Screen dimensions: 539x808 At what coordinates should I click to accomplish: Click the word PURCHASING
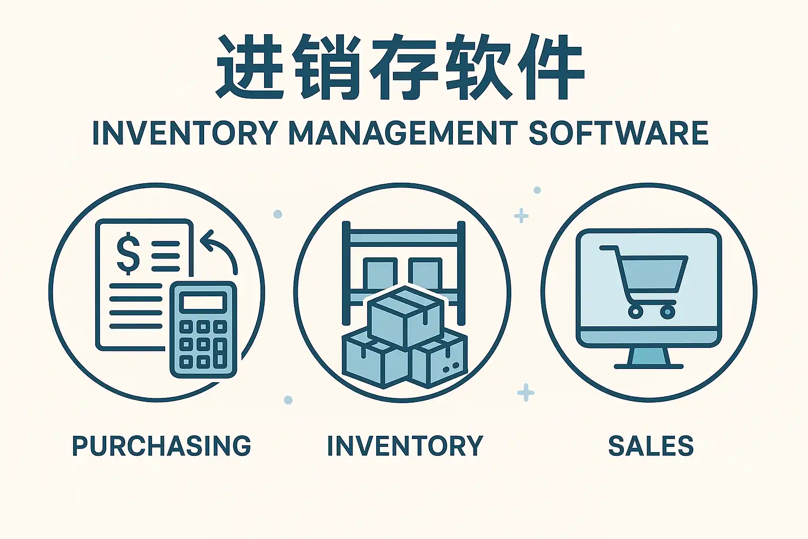161,446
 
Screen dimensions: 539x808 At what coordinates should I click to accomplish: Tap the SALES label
651,446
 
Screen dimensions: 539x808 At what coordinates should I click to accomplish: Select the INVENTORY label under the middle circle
405,446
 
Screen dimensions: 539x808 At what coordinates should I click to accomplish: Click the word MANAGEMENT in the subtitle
403,133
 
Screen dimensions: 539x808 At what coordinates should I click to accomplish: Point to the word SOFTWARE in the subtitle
618,133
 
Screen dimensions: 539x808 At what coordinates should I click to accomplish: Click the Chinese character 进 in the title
247,67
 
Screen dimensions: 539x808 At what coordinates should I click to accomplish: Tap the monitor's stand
649,358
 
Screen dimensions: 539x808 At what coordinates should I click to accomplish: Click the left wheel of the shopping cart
635,312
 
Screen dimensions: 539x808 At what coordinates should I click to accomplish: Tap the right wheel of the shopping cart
668,312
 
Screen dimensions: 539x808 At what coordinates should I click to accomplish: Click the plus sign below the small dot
521,216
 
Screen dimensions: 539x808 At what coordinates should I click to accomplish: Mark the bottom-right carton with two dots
439,363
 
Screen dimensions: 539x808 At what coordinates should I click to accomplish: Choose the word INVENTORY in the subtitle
185,133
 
